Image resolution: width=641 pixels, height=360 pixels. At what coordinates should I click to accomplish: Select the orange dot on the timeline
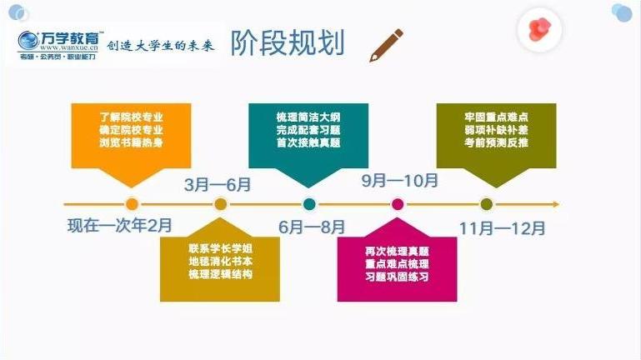click(131, 203)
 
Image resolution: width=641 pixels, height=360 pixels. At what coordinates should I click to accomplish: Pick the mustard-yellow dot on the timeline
click(220, 203)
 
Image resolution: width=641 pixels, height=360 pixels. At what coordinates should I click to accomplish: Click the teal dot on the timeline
click(309, 203)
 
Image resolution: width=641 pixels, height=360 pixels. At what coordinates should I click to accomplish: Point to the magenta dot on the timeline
click(398, 203)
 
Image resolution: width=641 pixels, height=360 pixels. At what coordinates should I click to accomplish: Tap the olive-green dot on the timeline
click(487, 203)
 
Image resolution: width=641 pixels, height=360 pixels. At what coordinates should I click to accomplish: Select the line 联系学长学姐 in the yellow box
click(220, 247)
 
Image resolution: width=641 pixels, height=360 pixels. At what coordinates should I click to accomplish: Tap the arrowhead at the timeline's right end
click(556, 203)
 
